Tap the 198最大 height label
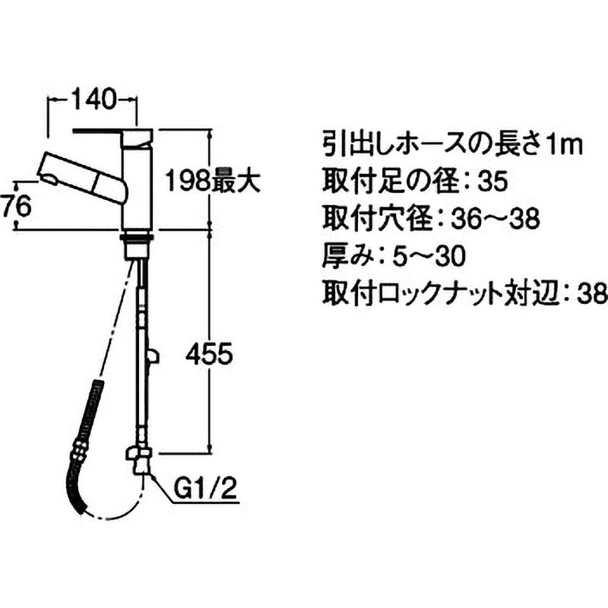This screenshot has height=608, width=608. pos(213,181)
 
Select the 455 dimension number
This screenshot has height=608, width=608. pos(209,354)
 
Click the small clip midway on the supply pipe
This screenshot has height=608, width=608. pos(153,356)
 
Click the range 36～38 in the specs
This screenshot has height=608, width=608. pos(496,219)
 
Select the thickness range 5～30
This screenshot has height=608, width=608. pos(429,256)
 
